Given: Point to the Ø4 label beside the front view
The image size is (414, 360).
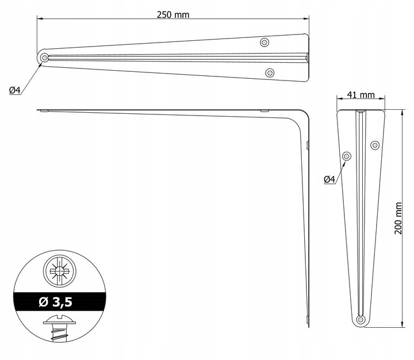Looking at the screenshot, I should (x=330, y=179).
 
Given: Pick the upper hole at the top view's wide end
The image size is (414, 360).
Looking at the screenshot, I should (x=264, y=42).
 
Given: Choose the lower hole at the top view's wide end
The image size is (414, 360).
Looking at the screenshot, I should (x=270, y=72).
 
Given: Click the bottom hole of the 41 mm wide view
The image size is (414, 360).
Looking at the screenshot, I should (x=361, y=319).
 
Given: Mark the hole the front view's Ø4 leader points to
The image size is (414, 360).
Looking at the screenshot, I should (x=347, y=156).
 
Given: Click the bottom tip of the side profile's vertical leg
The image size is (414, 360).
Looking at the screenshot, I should (x=309, y=325).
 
